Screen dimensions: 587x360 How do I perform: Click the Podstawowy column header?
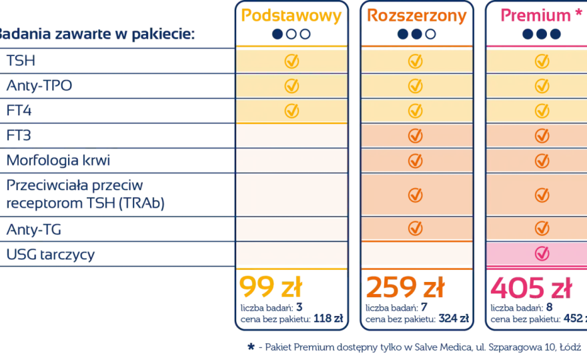click(x=291, y=16)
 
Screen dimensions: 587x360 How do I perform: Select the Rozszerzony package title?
click(x=417, y=16)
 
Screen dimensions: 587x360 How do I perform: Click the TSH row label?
click(x=21, y=61)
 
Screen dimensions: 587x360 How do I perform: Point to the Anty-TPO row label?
click(x=39, y=86)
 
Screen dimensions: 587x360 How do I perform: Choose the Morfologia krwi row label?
click(x=59, y=160)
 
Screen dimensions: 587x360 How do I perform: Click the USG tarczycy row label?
click(x=51, y=255)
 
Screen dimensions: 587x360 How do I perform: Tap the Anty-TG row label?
click(x=34, y=229)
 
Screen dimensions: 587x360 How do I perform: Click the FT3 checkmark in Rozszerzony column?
click(x=415, y=135)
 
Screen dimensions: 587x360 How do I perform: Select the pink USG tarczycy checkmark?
click(x=542, y=253)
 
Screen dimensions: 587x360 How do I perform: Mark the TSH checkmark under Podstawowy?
click(x=291, y=61)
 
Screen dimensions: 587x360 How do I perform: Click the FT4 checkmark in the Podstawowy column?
click(x=291, y=111)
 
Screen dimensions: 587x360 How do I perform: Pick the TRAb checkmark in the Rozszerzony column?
click(x=415, y=195)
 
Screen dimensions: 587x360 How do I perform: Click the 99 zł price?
click(x=271, y=287)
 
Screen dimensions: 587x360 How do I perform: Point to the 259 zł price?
click(x=405, y=287)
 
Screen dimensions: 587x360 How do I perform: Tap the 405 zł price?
click(x=531, y=287)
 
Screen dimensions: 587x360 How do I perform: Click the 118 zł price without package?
click(x=328, y=319)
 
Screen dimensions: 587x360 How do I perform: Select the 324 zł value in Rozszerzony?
click(x=454, y=319)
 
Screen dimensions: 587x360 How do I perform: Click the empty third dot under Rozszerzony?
click(x=430, y=34)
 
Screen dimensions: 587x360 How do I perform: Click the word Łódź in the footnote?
click(x=570, y=347)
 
